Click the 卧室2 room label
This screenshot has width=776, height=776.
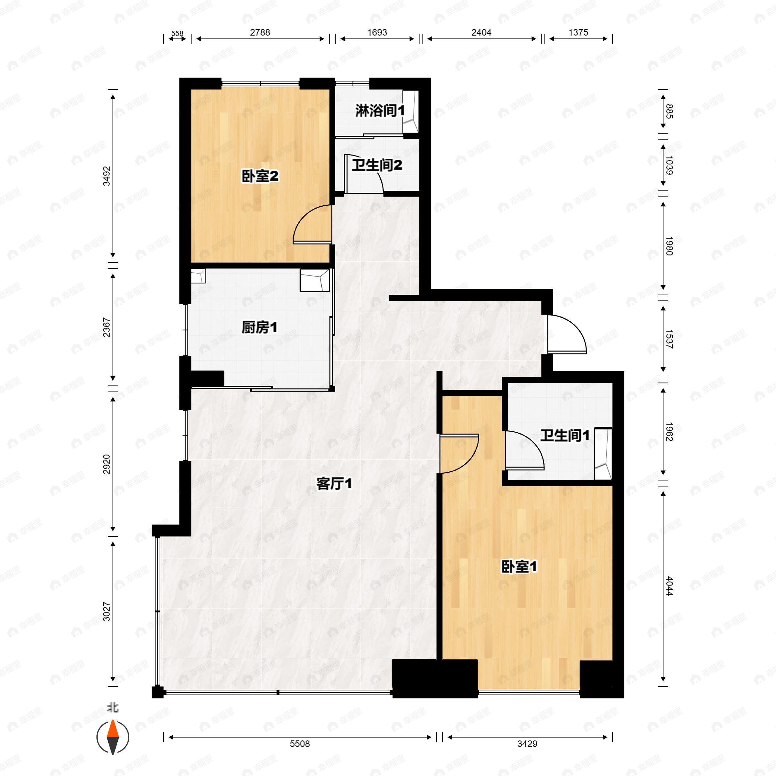(x=260, y=176)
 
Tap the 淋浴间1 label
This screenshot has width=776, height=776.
(x=380, y=111)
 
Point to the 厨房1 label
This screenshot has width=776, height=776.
(x=259, y=327)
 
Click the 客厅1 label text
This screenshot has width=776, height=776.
(x=334, y=484)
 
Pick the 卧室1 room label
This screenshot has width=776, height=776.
(x=519, y=567)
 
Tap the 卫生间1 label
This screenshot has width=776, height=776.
(x=564, y=436)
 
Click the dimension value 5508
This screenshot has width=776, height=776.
(x=300, y=744)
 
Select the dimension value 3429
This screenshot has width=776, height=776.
(x=527, y=744)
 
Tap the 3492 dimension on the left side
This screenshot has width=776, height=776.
(x=106, y=176)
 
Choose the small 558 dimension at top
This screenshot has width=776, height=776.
(x=177, y=34)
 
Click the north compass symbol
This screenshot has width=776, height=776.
(x=113, y=737)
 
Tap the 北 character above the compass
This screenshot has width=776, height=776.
(x=113, y=708)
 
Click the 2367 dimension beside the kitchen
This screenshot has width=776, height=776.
(x=106, y=327)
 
